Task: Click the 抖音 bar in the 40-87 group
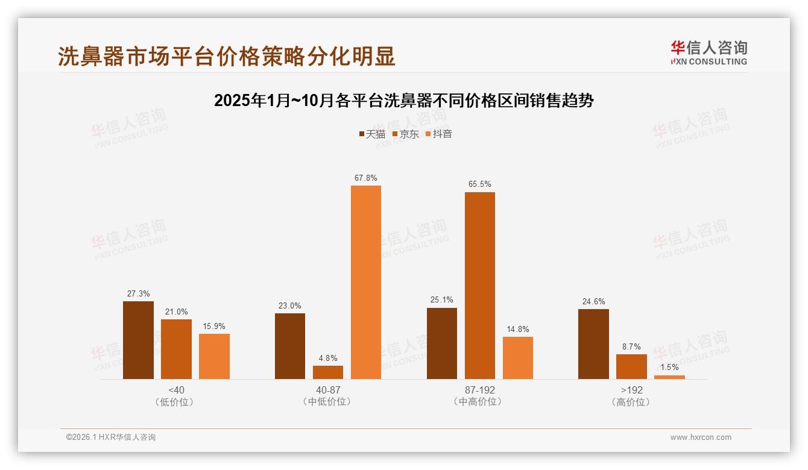[x=366, y=282]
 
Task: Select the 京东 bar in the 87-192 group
[x=479, y=286]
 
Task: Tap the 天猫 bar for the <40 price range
[x=138, y=340]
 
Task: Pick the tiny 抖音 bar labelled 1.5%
[x=669, y=377]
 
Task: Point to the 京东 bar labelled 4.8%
[x=328, y=372]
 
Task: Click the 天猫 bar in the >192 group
[x=593, y=344]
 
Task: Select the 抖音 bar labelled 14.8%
[x=518, y=357]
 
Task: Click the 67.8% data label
[x=366, y=178]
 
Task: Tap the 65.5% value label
[x=479, y=184]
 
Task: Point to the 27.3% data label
[x=138, y=294]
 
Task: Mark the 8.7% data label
[x=631, y=347]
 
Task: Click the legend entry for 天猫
[x=372, y=134]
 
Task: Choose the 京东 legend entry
[x=406, y=134]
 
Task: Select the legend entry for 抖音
[x=439, y=134]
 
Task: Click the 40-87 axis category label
[x=328, y=390]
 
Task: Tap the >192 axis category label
[x=631, y=390]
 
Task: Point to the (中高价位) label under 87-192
[x=479, y=402]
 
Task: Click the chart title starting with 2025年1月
[x=404, y=101]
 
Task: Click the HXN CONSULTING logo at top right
[x=709, y=53]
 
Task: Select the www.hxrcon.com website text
[x=701, y=437]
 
